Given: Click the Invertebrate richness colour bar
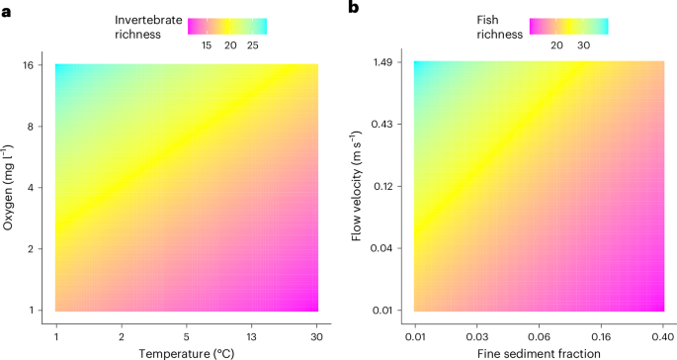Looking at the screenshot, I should click(227, 26).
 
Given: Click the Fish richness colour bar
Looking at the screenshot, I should click(568, 26).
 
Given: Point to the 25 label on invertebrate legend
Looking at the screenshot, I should click(252, 45).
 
